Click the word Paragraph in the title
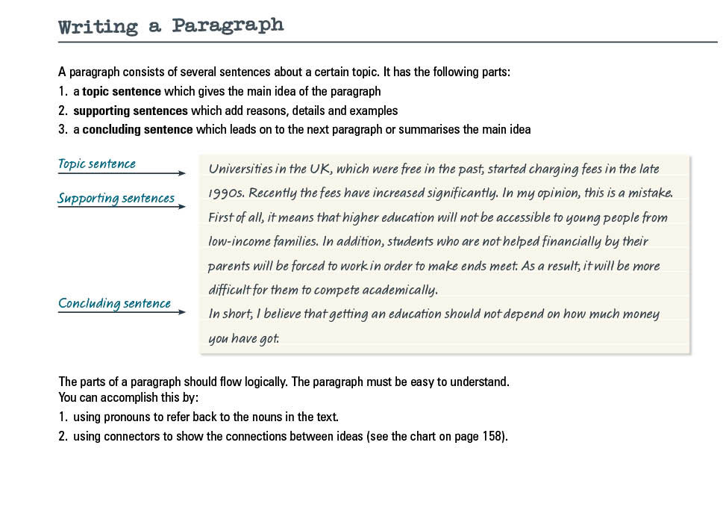point(228,25)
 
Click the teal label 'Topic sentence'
point(97,164)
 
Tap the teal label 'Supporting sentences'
point(116,198)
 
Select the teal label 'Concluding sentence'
point(114,303)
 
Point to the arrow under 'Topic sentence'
point(122,173)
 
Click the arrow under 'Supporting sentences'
point(122,207)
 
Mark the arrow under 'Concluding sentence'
point(122,312)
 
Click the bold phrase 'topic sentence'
point(122,92)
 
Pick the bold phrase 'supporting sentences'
point(130,111)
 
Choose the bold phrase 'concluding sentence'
point(137,130)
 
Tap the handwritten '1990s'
point(226,193)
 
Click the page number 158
point(493,437)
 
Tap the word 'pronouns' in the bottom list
point(130,417)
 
